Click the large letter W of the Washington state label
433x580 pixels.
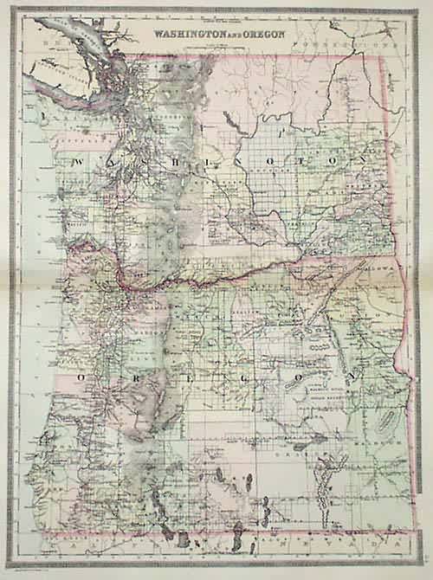point(78,162)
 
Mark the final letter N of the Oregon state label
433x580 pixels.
point(353,377)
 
